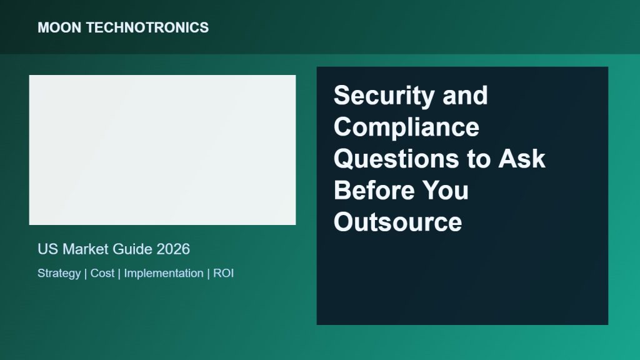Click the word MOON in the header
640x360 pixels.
pos(59,27)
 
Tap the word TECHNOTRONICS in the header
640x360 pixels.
pos(147,27)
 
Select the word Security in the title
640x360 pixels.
pos(384,96)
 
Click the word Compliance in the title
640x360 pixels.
pos(406,127)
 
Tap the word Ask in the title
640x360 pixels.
pos(522,158)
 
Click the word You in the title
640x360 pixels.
pos(445,190)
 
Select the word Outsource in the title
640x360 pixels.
pos(398,222)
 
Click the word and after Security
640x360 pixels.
pos(465,96)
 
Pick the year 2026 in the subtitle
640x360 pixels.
pos(173,249)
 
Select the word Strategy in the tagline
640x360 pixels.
pos(59,274)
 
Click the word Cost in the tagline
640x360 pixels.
pos(102,273)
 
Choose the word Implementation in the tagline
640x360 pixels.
pos(164,274)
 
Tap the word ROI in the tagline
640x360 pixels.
pos(224,273)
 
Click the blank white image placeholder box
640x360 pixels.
pos(162,150)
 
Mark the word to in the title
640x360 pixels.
pos(479,159)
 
